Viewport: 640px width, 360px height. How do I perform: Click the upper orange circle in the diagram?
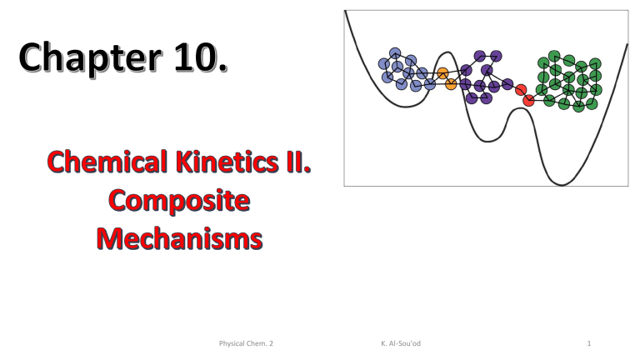pos(442,73)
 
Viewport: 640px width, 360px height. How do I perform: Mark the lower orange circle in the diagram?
pos(451,84)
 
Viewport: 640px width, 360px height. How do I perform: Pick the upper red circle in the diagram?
pos(521,90)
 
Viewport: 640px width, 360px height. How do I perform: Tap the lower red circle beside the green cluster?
pos(528,101)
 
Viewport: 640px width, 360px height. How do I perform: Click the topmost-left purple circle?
pos(479,57)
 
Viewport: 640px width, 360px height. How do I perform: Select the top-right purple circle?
pos(496,57)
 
